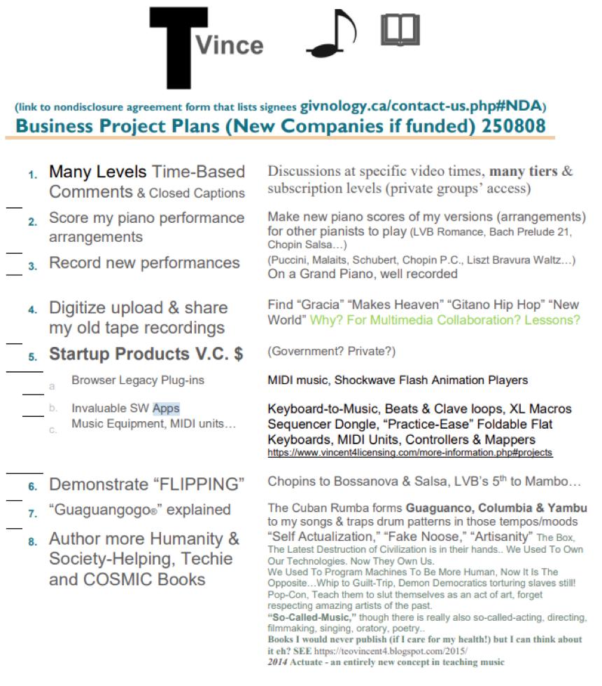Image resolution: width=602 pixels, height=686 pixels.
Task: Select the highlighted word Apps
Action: [x=166, y=408]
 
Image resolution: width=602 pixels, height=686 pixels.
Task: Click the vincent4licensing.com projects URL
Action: [x=409, y=453]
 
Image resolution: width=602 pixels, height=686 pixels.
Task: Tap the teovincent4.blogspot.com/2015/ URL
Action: [x=399, y=651]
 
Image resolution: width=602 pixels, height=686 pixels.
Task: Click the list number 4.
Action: [x=33, y=310]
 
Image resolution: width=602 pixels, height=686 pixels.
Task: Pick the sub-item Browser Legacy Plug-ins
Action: [x=128, y=380]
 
